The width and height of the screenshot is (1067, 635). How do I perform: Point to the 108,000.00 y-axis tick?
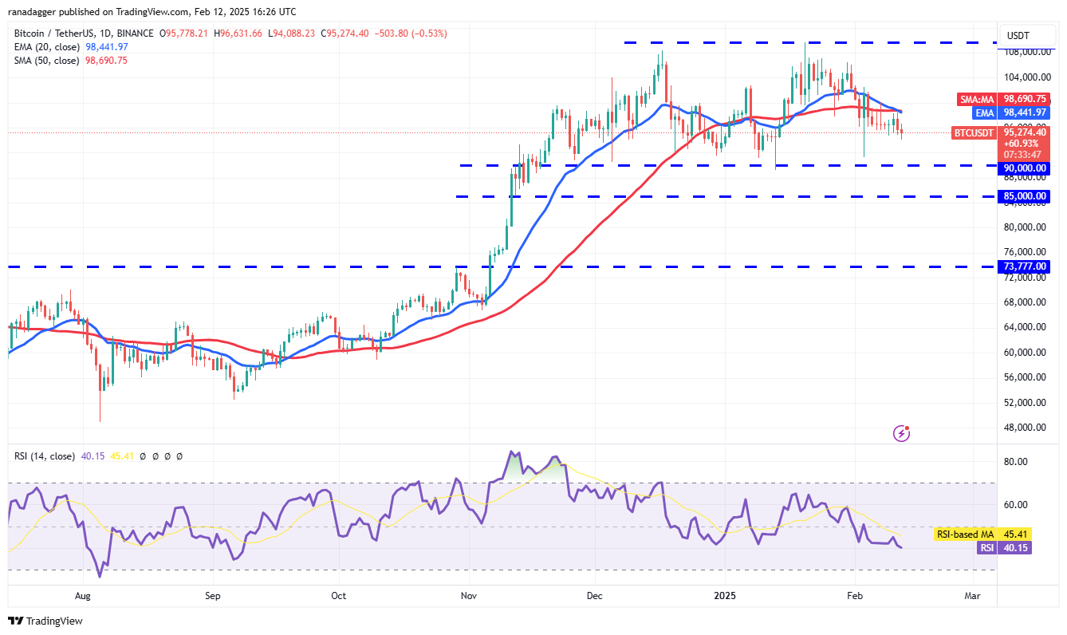click(1026, 52)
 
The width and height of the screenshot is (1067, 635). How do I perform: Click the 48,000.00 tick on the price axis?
click(1024, 428)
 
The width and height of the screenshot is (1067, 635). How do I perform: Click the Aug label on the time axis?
click(83, 596)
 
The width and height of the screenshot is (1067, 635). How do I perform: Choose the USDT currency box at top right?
click(1018, 36)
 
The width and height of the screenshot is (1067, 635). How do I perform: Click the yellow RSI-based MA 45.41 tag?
click(982, 534)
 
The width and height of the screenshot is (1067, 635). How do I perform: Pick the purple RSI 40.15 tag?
click(1004, 548)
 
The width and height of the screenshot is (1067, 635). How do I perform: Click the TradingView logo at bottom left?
click(45, 621)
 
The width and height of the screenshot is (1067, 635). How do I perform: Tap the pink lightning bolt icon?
click(902, 433)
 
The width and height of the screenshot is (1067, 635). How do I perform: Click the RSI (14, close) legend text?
click(44, 456)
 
